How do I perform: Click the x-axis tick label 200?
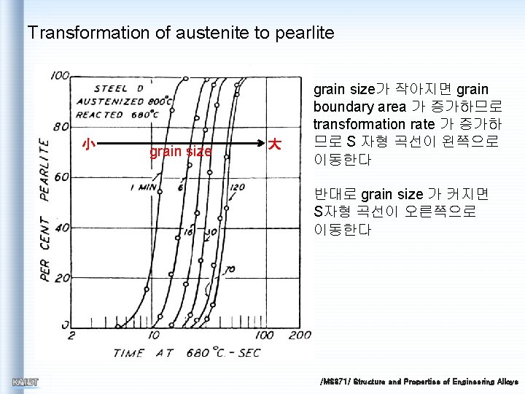click(x=299, y=336)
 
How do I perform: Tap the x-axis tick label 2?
click(x=71, y=336)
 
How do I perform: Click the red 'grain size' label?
click(x=180, y=152)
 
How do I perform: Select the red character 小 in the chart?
click(x=87, y=144)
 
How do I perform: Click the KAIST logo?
click(x=26, y=382)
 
